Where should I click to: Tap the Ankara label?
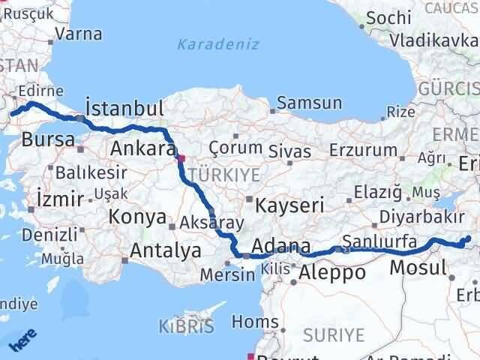[142, 148]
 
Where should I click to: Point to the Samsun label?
[309, 103]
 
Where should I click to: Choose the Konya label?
[137, 217]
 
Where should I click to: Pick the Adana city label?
[281, 246]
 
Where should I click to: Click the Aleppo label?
[332, 273]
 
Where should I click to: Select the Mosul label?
[418, 268]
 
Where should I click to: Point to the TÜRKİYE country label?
[223, 175]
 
